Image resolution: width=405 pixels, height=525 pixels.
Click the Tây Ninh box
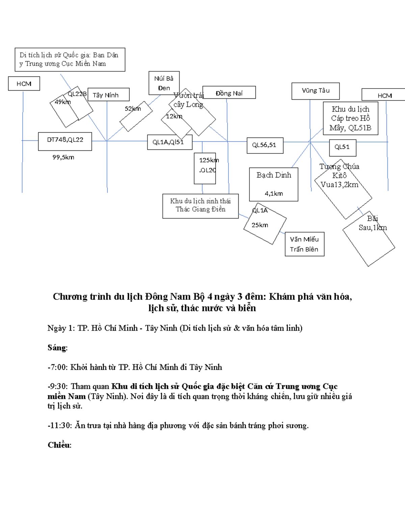108,95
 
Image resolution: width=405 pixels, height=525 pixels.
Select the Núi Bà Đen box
164,83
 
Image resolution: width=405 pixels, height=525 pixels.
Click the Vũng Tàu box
316,91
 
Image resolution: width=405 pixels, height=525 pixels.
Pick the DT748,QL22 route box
65,141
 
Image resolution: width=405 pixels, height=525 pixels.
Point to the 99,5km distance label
63,157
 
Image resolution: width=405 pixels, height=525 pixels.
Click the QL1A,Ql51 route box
170,142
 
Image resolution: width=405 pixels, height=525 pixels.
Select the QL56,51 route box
265,145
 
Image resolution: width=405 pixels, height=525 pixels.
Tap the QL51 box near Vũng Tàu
342,147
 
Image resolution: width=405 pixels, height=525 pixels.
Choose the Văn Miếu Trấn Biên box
304,244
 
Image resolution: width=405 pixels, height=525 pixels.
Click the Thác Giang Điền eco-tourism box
200,206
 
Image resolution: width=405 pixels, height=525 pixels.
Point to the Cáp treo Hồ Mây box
350,119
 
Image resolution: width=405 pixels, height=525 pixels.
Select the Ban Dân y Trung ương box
70,59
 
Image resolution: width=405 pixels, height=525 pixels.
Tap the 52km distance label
133,109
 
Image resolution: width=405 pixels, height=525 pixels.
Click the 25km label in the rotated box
260,225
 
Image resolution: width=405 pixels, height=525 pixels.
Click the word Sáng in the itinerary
57,348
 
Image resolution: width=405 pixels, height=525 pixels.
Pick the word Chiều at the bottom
59,445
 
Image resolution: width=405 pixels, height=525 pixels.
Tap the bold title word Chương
70,297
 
